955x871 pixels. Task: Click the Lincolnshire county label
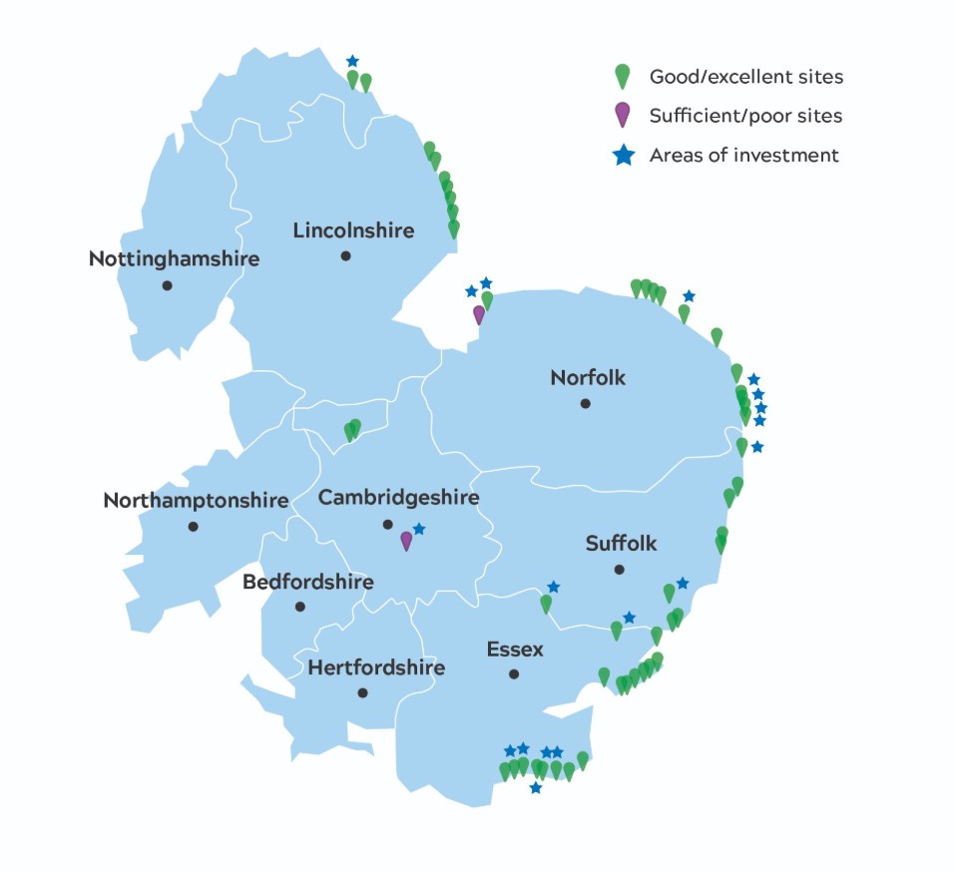point(353,230)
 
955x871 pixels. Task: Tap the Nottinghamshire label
point(174,259)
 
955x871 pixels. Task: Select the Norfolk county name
point(588,377)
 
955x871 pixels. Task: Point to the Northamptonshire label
point(196,500)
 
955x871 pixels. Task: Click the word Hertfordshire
point(376,667)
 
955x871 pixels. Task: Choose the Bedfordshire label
point(308,582)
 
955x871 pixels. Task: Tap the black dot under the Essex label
point(514,674)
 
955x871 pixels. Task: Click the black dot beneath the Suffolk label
point(619,570)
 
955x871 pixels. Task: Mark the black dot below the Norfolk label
point(586,403)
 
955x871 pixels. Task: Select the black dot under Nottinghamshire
point(167,285)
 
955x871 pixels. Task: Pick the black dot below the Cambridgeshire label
point(387,524)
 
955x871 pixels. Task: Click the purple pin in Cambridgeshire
point(406,540)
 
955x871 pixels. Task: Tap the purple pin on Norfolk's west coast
point(479,314)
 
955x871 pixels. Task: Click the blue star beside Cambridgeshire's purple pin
point(419,529)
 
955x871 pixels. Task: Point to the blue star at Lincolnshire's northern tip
point(351,62)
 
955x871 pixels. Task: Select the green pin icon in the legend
point(622,76)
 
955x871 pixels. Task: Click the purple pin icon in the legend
point(622,115)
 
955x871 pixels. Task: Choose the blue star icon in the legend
point(623,156)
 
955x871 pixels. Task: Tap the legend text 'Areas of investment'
point(743,156)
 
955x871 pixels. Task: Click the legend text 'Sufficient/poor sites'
point(745,116)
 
